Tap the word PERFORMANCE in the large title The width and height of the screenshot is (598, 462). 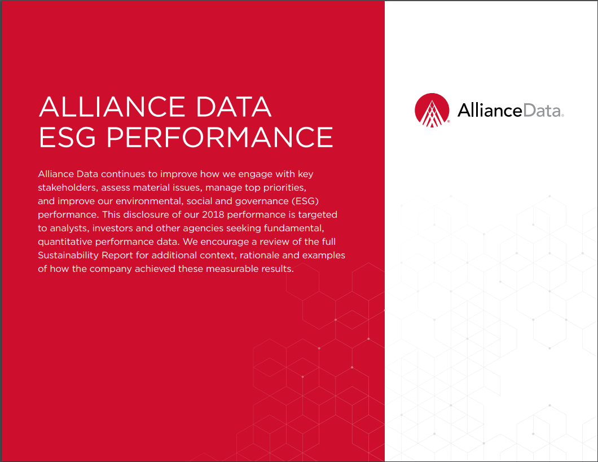(x=219, y=137)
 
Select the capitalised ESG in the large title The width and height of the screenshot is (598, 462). (x=67, y=137)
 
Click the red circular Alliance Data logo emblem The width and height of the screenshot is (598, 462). (x=432, y=110)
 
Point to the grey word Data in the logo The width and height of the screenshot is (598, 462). (x=543, y=111)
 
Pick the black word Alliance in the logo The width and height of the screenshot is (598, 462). (x=490, y=110)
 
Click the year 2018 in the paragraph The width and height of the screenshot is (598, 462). (x=213, y=214)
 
